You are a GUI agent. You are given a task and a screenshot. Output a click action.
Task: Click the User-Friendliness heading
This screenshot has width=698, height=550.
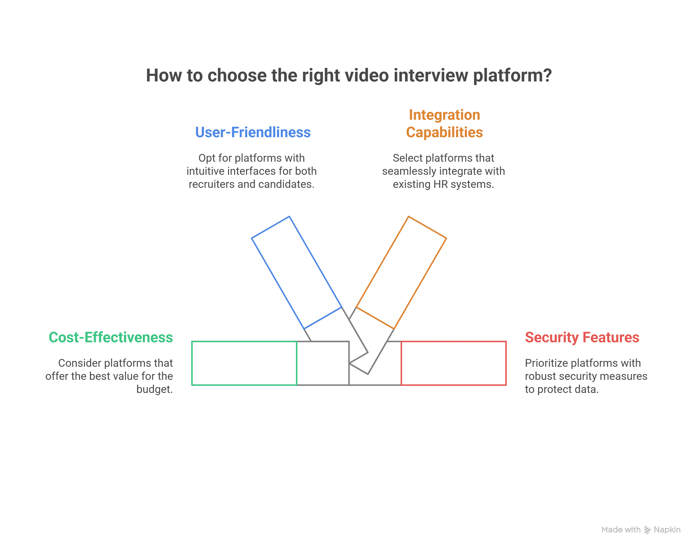[x=253, y=132]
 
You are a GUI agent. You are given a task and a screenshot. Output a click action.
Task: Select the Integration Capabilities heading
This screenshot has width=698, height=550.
[x=444, y=124]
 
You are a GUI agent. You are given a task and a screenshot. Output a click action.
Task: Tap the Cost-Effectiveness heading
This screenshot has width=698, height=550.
[x=111, y=337]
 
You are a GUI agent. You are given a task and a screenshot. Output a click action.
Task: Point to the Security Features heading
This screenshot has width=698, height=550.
[x=582, y=337]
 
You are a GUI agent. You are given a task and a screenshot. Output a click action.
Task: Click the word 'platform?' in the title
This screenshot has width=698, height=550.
[x=512, y=75]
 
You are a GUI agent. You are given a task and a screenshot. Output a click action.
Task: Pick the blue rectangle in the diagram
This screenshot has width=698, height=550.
[x=296, y=272]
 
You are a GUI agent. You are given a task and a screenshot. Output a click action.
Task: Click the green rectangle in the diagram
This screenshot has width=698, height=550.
[x=244, y=363]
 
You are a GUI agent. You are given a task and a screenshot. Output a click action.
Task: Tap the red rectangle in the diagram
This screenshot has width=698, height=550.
[x=453, y=363]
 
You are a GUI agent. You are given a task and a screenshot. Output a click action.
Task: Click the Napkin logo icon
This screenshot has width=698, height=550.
[x=647, y=530]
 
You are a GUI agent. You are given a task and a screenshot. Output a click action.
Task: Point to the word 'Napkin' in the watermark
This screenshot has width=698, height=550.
[x=667, y=530]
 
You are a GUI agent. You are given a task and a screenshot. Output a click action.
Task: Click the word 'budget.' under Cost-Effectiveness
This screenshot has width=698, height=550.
[x=155, y=389]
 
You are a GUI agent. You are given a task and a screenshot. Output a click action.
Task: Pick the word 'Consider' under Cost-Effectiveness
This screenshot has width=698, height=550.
[x=79, y=363]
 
